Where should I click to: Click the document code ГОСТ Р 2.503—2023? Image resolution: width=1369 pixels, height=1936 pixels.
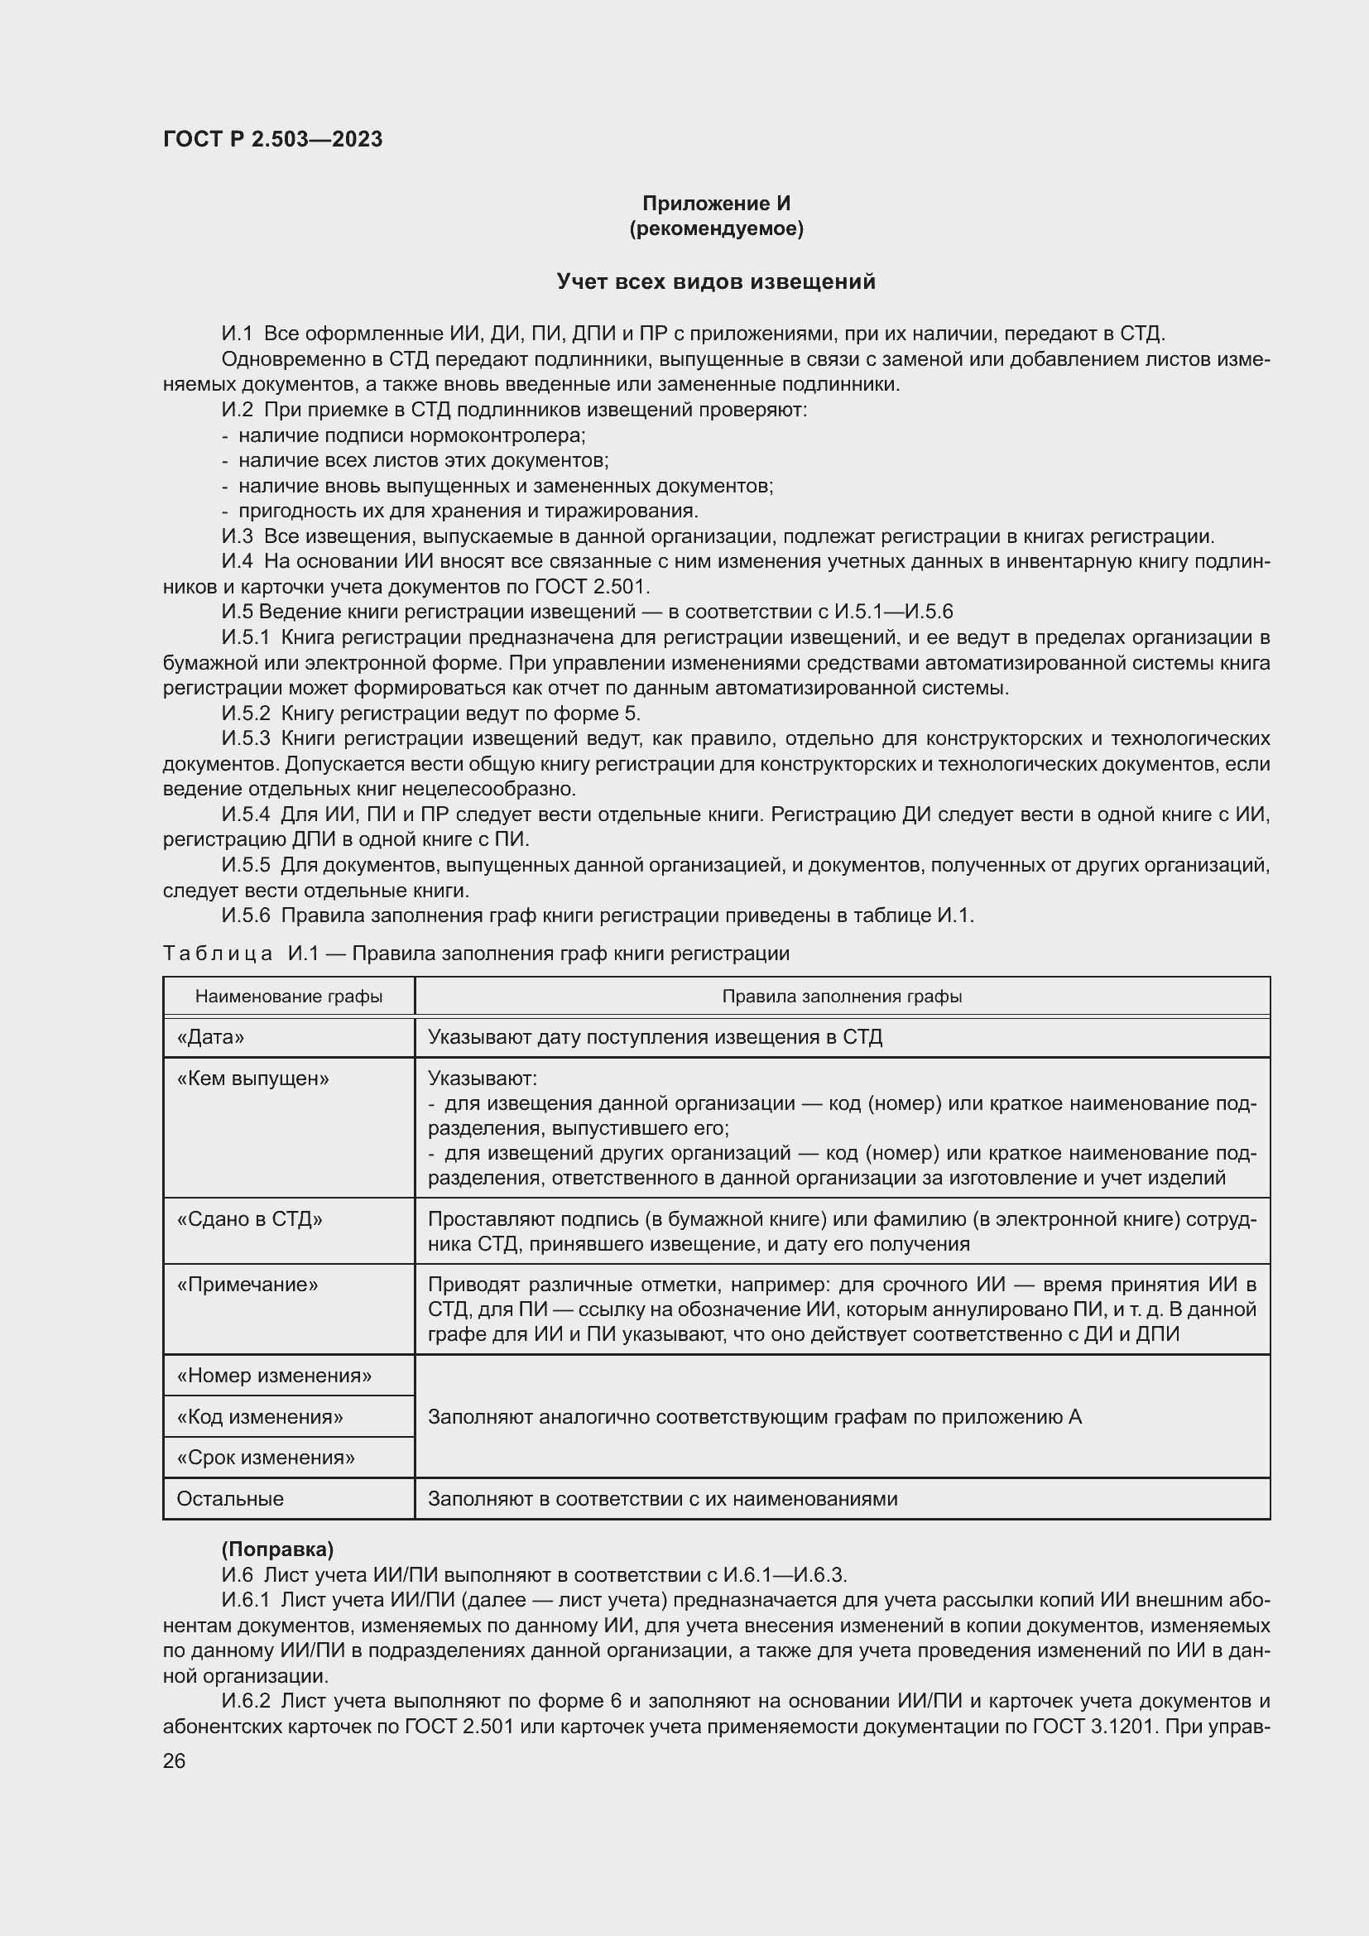click(x=272, y=139)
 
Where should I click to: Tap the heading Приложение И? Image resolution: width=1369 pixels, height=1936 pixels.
click(x=716, y=204)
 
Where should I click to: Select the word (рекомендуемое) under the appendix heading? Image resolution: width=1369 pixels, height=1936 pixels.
click(x=716, y=228)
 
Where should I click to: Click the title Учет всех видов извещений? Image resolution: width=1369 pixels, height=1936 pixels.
click(x=716, y=281)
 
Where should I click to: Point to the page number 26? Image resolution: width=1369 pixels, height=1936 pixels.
click(x=175, y=1761)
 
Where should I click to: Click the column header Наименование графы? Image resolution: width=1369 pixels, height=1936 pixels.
click(x=288, y=996)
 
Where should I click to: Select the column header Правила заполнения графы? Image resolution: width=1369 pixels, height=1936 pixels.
click(x=841, y=996)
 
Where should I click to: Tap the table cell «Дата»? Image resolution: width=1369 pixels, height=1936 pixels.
click(x=211, y=1037)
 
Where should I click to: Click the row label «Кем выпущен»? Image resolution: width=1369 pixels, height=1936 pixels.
click(x=253, y=1078)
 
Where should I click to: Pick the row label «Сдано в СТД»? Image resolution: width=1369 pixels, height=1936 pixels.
click(x=249, y=1218)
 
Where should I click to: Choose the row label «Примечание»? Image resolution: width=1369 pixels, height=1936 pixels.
click(x=247, y=1285)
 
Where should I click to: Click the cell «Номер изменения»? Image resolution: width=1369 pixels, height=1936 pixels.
click(x=274, y=1376)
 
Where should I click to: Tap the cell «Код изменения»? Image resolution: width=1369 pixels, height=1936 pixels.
click(x=260, y=1416)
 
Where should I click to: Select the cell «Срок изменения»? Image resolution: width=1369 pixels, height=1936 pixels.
click(x=266, y=1457)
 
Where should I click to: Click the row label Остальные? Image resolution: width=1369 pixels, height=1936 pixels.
click(x=230, y=1498)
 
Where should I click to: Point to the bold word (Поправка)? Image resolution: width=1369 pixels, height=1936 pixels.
click(x=277, y=1549)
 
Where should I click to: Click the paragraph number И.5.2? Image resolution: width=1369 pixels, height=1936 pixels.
click(x=245, y=713)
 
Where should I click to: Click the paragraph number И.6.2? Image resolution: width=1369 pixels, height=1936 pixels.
click(x=245, y=1701)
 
